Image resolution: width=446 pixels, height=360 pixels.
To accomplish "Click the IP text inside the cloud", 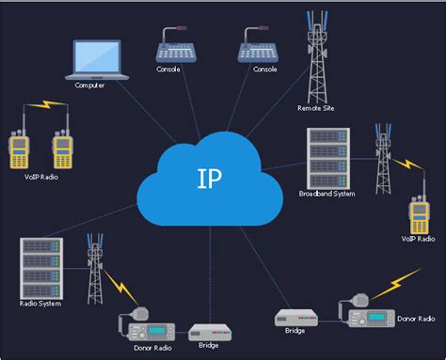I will coord(210,179).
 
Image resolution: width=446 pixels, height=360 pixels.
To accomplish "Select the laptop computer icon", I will coord(94,59).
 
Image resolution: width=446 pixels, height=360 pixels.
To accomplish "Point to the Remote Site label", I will coord(316,108).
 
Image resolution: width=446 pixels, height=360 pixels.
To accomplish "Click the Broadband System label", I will coord(327,194).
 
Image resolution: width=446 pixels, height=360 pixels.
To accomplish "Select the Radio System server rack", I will coord(40,267).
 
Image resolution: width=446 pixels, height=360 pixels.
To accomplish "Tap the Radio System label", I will coord(40,304).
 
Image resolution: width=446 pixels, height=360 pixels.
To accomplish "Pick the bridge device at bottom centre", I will coord(210,332).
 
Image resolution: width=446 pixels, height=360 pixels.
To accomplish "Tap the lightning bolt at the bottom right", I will coord(394,281).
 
